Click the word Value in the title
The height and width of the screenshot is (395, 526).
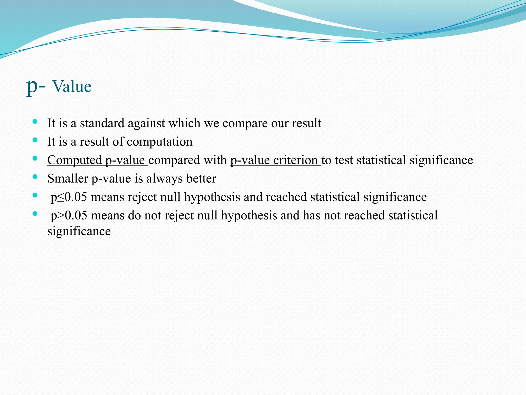click(x=72, y=86)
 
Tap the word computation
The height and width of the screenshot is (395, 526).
click(x=159, y=142)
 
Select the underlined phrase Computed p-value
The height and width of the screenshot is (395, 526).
click(x=97, y=160)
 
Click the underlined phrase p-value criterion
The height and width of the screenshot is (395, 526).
click(x=275, y=160)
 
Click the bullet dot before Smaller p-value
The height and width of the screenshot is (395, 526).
click(x=35, y=177)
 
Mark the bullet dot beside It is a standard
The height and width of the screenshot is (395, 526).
click(x=35, y=121)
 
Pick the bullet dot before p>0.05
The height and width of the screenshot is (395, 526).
click(x=35, y=213)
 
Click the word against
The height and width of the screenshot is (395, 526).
click(x=146, y=123)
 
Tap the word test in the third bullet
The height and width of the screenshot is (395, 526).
click(x=344, y=160)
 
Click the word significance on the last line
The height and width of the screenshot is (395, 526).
click(x=79, y=231)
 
